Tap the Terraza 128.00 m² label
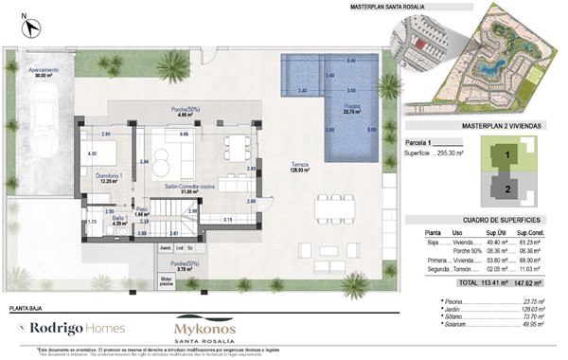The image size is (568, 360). pos(303,168)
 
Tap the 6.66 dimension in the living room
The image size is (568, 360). pos(185,135)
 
